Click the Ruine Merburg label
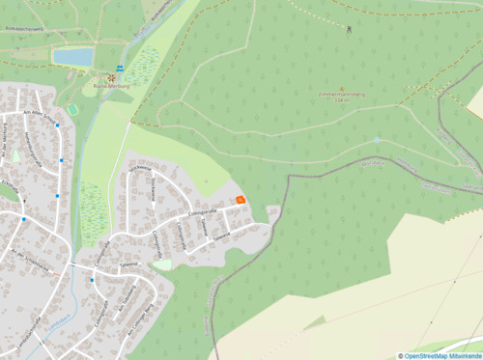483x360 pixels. click(110, 85)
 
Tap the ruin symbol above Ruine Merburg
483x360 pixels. click(110, 75)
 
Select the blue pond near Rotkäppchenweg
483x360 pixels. click(73, 57)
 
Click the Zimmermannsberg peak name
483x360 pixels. click(340, 95)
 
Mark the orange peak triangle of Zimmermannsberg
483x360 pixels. click(340, 88)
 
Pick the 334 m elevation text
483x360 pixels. click(340, 100)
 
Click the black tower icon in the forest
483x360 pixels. click(349, 28)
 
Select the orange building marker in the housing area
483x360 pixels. click(241, 200)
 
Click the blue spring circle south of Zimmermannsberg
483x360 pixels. click(378, 141)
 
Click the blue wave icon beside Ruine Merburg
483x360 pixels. click(120, 69)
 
